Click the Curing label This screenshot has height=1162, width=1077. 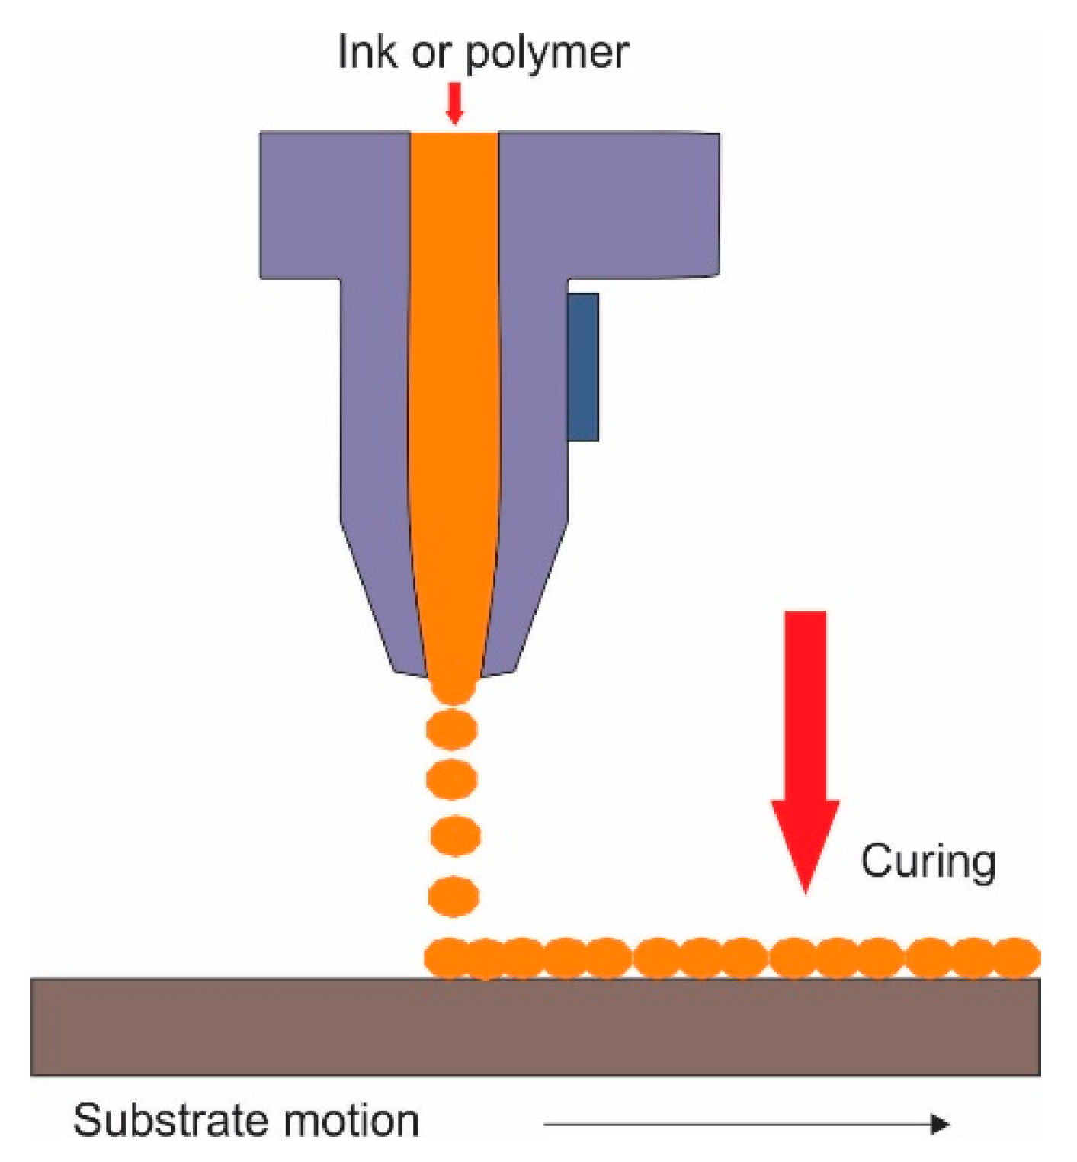coord(928,861)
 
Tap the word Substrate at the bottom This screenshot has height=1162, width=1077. coord(169,1120)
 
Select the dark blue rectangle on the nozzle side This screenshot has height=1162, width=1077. coord(582,367)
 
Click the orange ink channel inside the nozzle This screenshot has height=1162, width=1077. coord(454,381)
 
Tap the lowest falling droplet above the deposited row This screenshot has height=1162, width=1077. coord(454,896)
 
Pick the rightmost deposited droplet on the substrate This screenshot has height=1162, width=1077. coord(1017,958)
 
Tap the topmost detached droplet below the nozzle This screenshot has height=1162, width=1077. coord(452,730)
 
